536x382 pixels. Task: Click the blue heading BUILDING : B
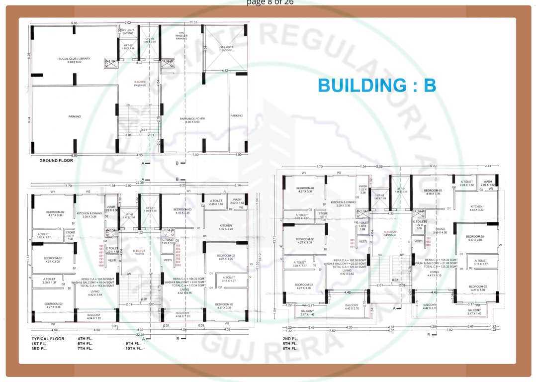tap(377, 86)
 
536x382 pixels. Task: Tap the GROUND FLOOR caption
tap(56, 161)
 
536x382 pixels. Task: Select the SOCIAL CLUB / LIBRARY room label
tap(75, 60)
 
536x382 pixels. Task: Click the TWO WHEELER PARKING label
tap(181, 36)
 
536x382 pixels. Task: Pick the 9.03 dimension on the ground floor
tap(75, 23)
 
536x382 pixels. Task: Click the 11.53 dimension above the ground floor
tap(193, 23)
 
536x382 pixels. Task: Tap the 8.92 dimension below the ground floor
tap(75, 156)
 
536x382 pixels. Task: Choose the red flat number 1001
tap(101, 266)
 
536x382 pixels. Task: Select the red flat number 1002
tap(178, 266)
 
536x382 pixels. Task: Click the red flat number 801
tap(353, 247)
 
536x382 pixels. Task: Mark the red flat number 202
tap(429, 239)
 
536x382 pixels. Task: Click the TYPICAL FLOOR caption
tap(48, 338)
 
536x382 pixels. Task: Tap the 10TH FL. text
tap(134, 348)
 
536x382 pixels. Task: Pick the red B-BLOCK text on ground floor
tap(141, 82)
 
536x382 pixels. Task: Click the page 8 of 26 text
tap(270, 2)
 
